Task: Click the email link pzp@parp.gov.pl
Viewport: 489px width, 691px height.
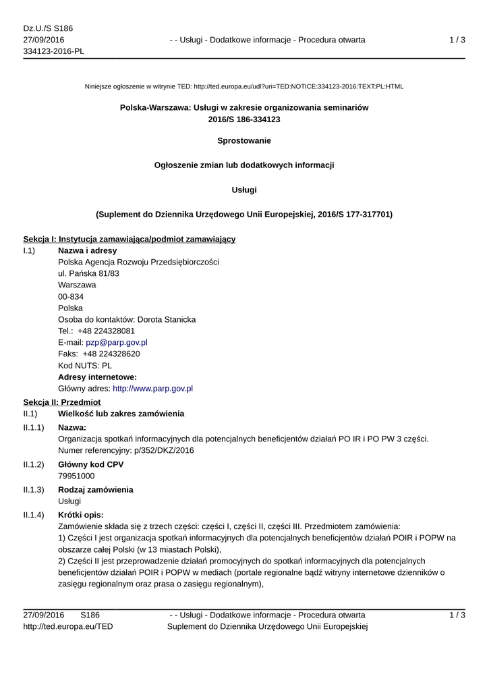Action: click(x=117, y=342)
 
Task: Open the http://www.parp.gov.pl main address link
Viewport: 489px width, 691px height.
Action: click(x=153, y=389)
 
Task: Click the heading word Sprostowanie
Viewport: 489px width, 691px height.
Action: click(x=244, y=141)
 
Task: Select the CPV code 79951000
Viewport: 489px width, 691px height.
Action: click(x=76, y=476)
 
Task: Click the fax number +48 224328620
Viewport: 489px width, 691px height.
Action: click(x=111, y=354)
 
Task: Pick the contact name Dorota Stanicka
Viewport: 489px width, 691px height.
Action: click(x=167, y=319)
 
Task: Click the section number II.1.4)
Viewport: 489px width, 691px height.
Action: click(x=34, y=515)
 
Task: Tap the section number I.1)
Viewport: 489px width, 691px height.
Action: click(x=29, y=250)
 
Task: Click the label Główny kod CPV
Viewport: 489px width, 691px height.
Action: click(x=91, y=464)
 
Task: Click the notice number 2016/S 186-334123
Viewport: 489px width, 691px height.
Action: click(x=244, y=119)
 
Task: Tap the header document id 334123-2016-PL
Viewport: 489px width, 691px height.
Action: click(x=54, y=51)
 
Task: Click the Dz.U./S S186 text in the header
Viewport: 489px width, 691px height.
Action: click(x=48, y=28)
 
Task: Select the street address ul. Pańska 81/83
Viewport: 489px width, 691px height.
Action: click(x=89, y=273)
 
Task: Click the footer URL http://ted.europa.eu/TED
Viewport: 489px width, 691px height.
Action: click(x=68, y=626)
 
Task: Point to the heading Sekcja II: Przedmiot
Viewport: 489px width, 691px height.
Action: click(x=62, y=401)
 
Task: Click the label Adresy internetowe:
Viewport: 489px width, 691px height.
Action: click(x=98, y=377)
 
